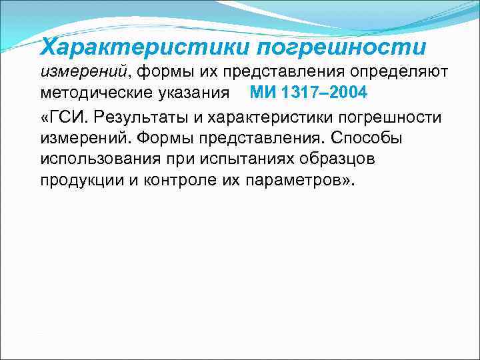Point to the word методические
point(96,93)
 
